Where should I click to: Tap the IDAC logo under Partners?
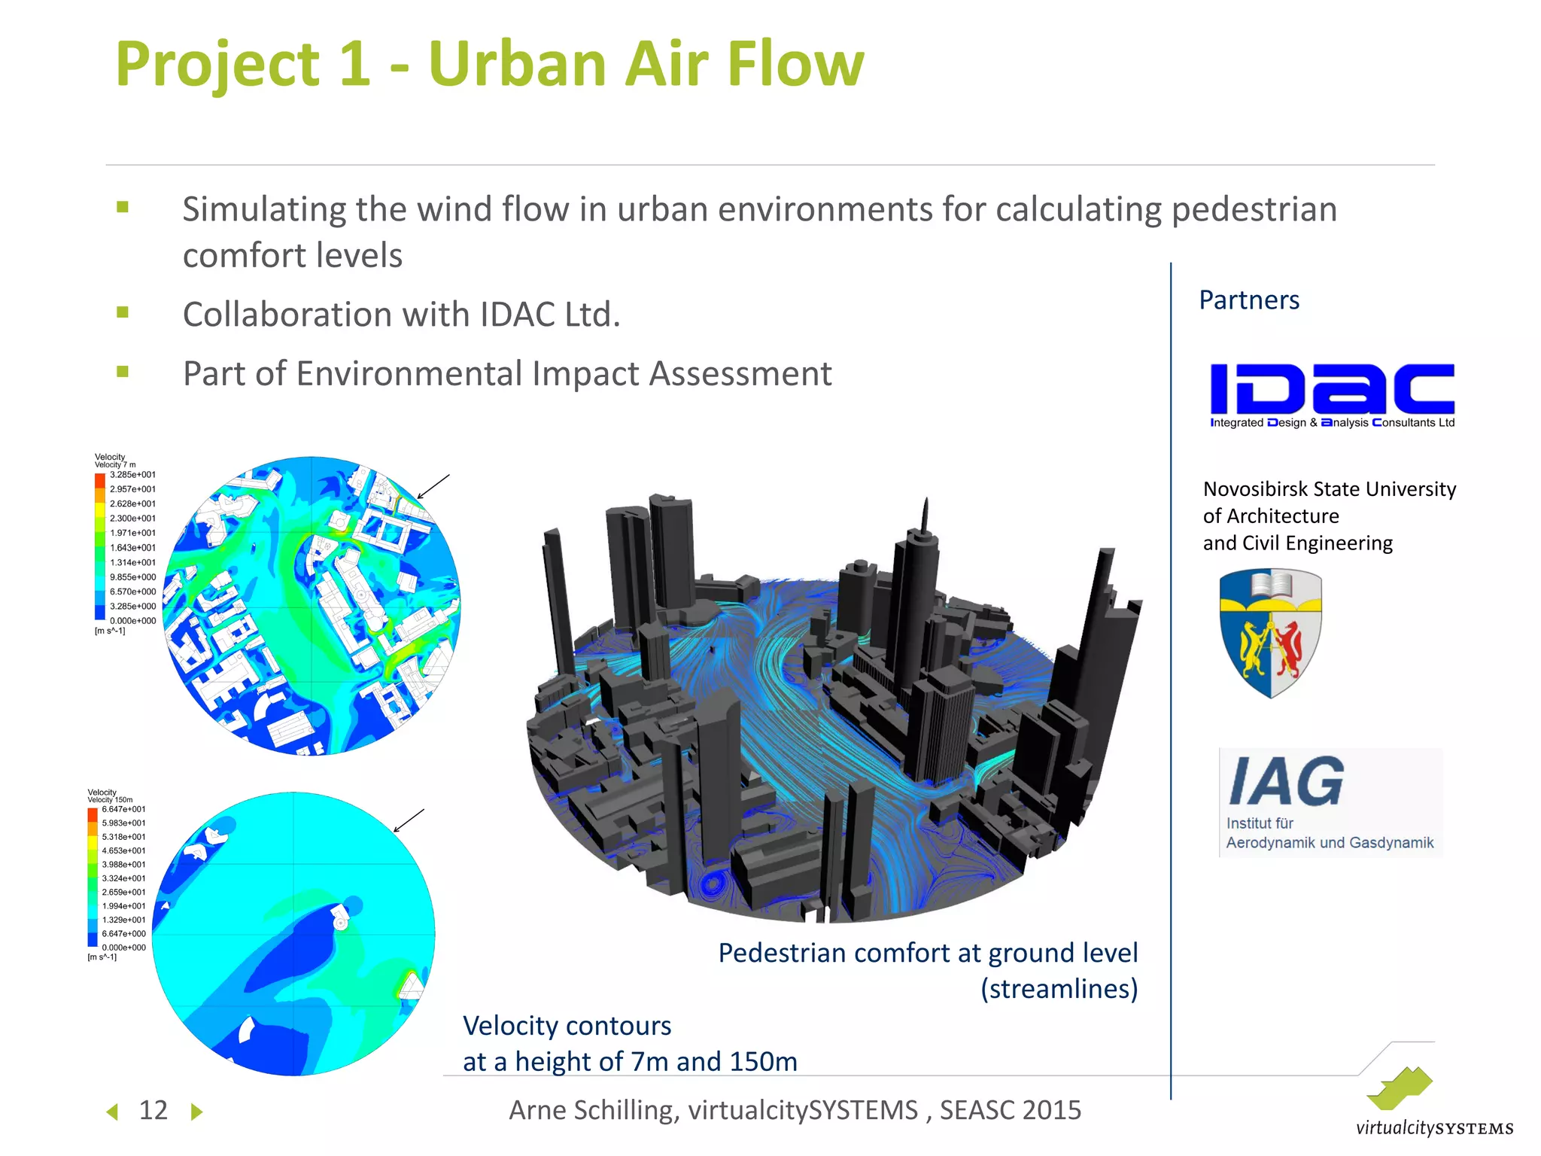point(1332,395)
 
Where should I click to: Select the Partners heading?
point(1249,300)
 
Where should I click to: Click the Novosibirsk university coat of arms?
point(1271,633)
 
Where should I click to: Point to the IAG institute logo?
point(1330,802)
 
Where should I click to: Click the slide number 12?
point(153,1110)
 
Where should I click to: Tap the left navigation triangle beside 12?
point(113,1112)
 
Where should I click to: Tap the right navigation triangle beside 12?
point(196,1112)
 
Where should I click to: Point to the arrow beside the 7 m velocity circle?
point(433,487)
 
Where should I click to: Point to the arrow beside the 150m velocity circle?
point(409,820)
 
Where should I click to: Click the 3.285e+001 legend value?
point(132,475)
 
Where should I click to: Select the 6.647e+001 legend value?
point(123,809)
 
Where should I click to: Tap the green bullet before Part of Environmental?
point(123,371)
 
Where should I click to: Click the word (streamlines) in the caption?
point(1059,989)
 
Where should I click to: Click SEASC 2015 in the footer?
point(1010,1110)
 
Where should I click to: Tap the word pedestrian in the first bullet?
point(1254,210)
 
